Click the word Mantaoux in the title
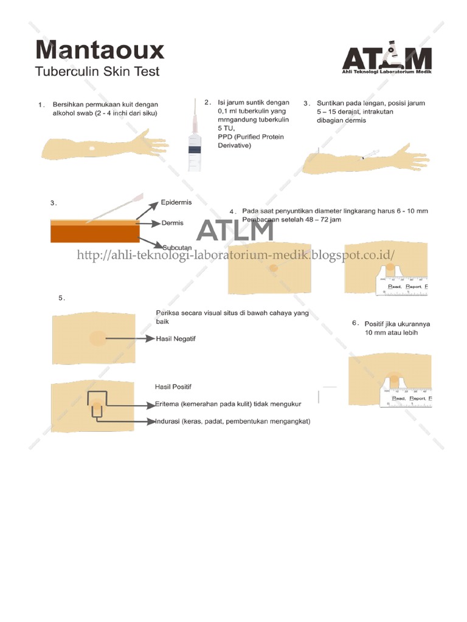pos(99,49)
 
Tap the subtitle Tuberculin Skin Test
pos(97,72)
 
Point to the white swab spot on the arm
pos(91,148)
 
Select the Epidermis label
pos(176,202)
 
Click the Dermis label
pos(172,224)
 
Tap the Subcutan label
pos(176,247)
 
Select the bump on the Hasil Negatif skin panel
pos(97,338)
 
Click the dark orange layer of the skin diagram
pos(94,234)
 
